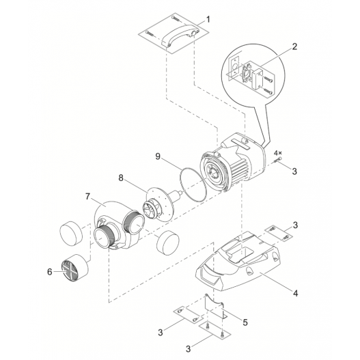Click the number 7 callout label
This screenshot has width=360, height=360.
pyautogui.click(x=87, y=197)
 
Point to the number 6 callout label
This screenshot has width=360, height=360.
pyautogui.click(x=49, y=271)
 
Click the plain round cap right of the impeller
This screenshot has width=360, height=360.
pyautogui.click(x=167, y=242)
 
